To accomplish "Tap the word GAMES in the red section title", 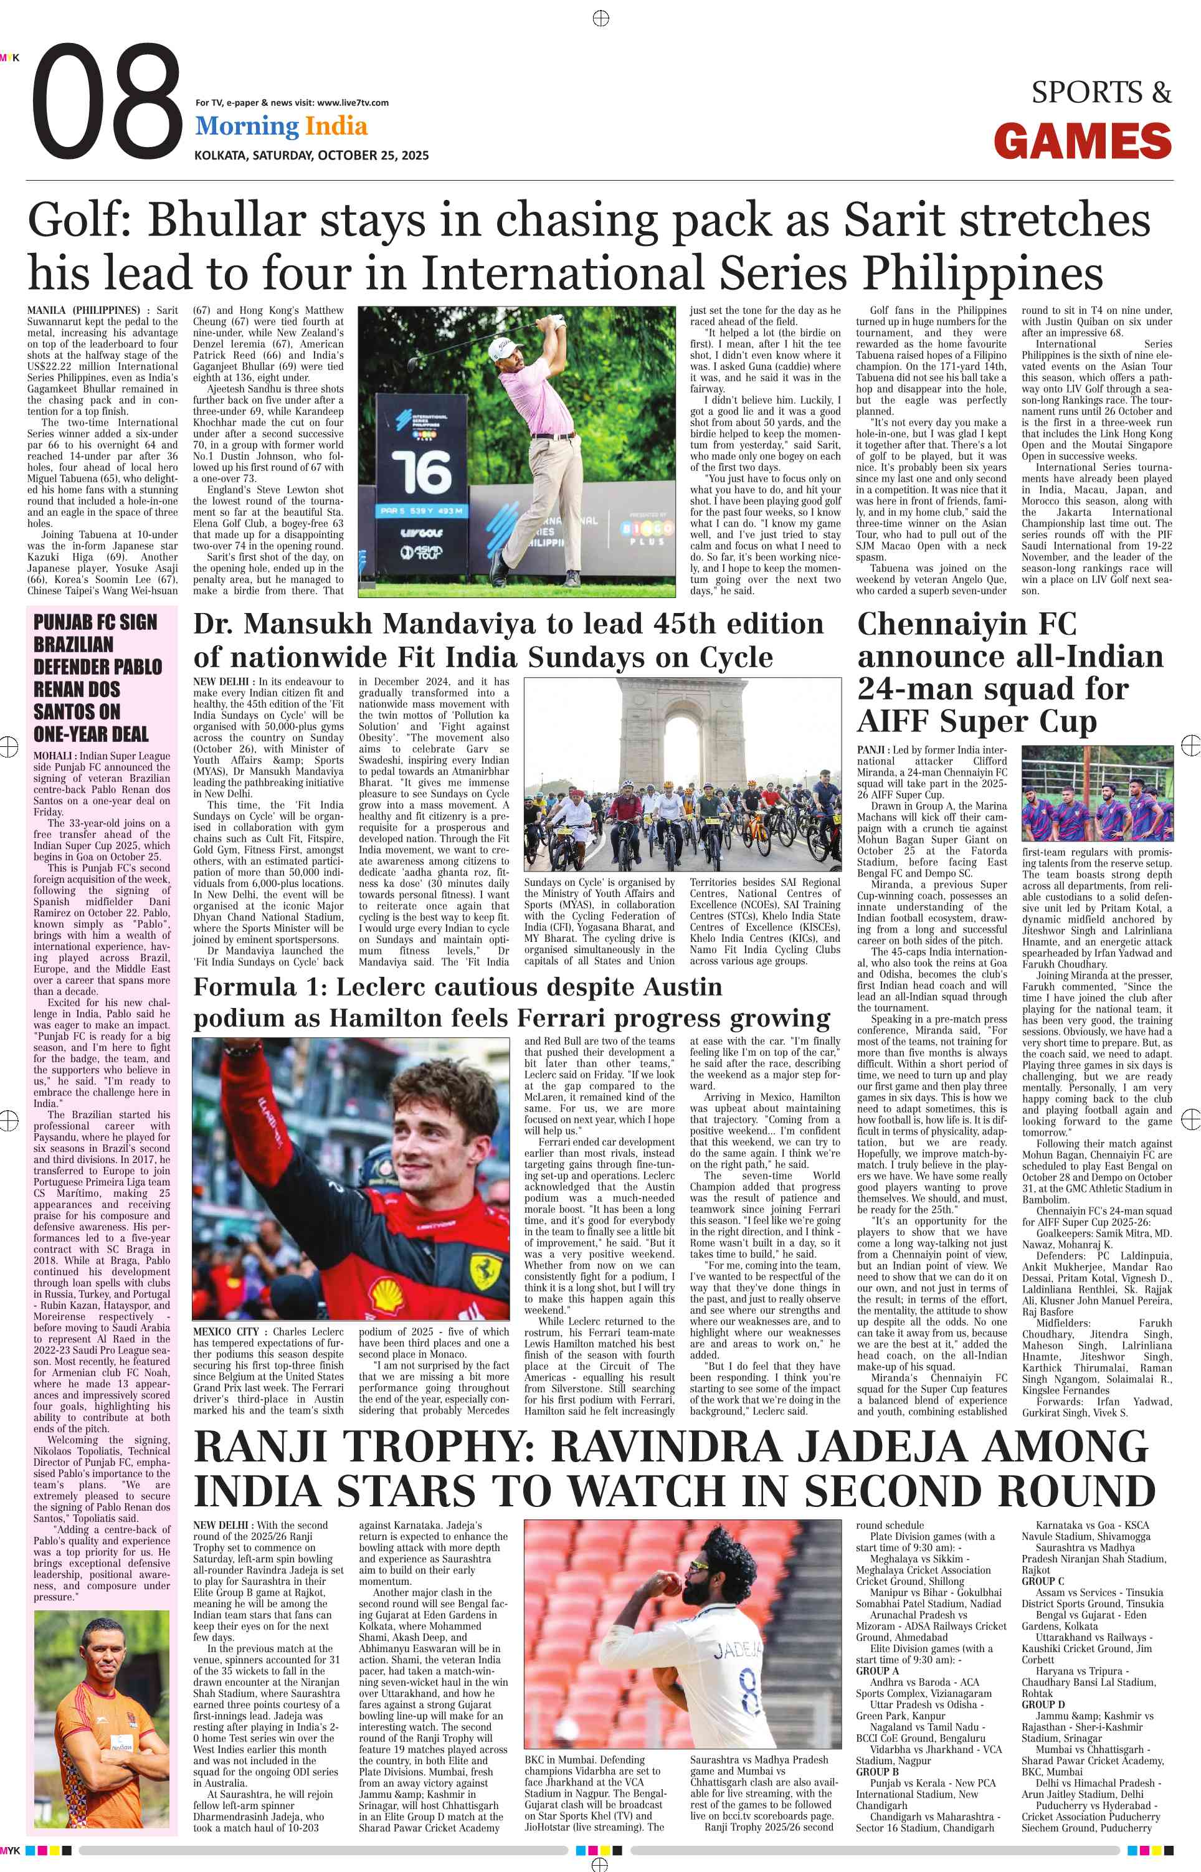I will pos(1083,142).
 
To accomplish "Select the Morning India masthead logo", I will pos(281,126).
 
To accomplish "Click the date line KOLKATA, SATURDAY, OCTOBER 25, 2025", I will pos(311,155).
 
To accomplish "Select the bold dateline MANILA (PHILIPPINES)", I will pos(83,310).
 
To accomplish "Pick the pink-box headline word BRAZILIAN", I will pos(74,645).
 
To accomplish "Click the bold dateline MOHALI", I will pos(53,756).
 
